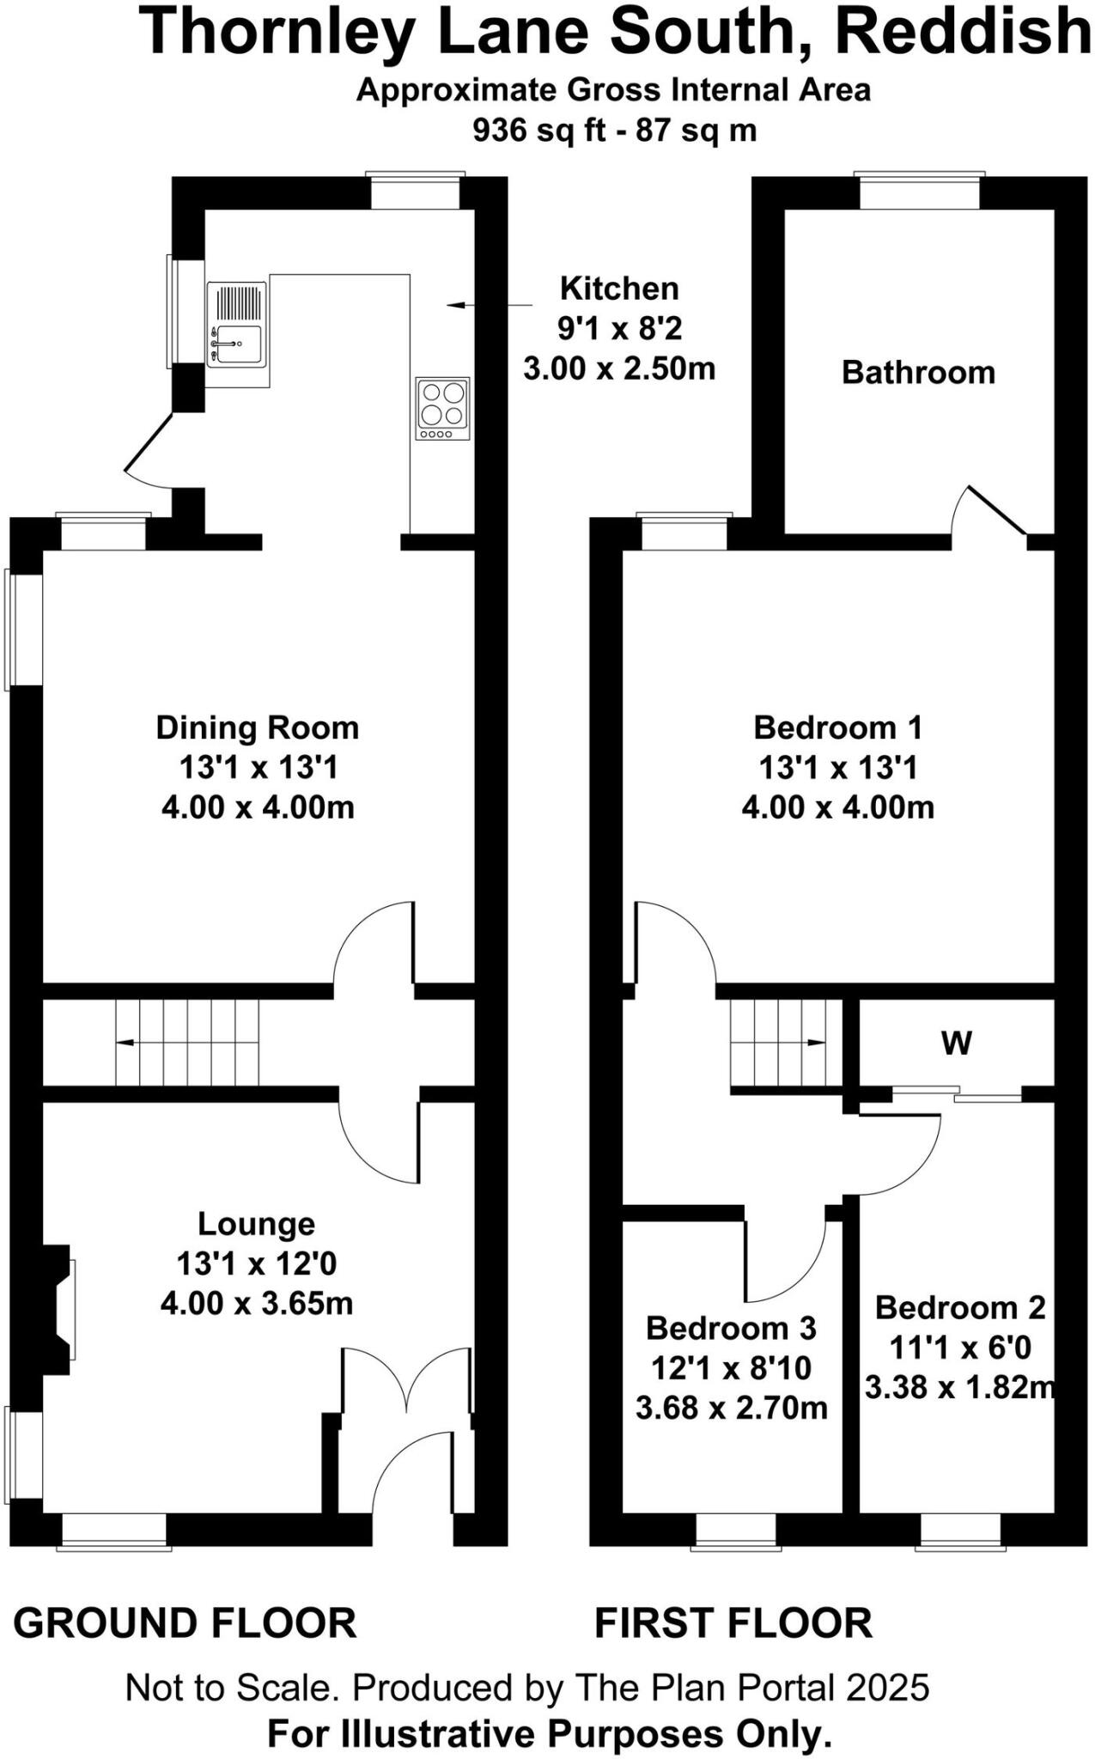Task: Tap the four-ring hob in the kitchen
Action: coord(443,409)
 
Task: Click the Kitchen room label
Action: coord(619,289)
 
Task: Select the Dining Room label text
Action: coord(257,727)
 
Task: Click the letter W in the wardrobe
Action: coord(957,1044)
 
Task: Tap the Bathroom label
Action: coord(918,372)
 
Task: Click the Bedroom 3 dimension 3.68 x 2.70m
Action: coord(731,1408)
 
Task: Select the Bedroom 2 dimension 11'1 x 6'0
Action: coord(959,1348)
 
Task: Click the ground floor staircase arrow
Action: coord(125,1043)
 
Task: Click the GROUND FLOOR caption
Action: coord(185,1623)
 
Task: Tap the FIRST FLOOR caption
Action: coord(733,1623)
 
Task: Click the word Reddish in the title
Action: coord(962,33)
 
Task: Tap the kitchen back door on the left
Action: coord(148,448)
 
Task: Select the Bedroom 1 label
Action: coord(837,727)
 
